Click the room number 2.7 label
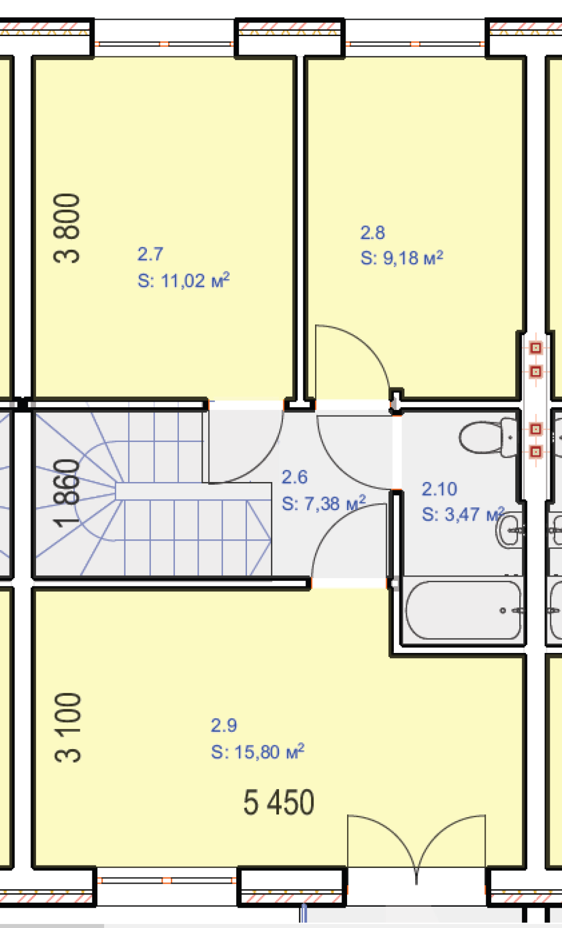coord(150,254)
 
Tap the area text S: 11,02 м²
coord(183,281)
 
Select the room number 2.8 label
coord(372,232)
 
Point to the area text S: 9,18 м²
coord(402,258)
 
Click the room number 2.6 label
coord(294,477)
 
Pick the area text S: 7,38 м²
coord(323,503)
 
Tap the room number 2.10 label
coord(439,489)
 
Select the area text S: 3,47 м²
coord(463,514)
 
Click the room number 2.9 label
coord(224,725)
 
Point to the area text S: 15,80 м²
coord(258,751)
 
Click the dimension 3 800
coord(66,228)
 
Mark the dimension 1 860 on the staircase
coord(66,493)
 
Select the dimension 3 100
coord(67,727)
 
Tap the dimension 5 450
coord(278,803)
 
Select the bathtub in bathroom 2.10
coord(464,610)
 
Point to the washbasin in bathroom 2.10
coord(509,531)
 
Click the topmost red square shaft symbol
coord(536,348)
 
